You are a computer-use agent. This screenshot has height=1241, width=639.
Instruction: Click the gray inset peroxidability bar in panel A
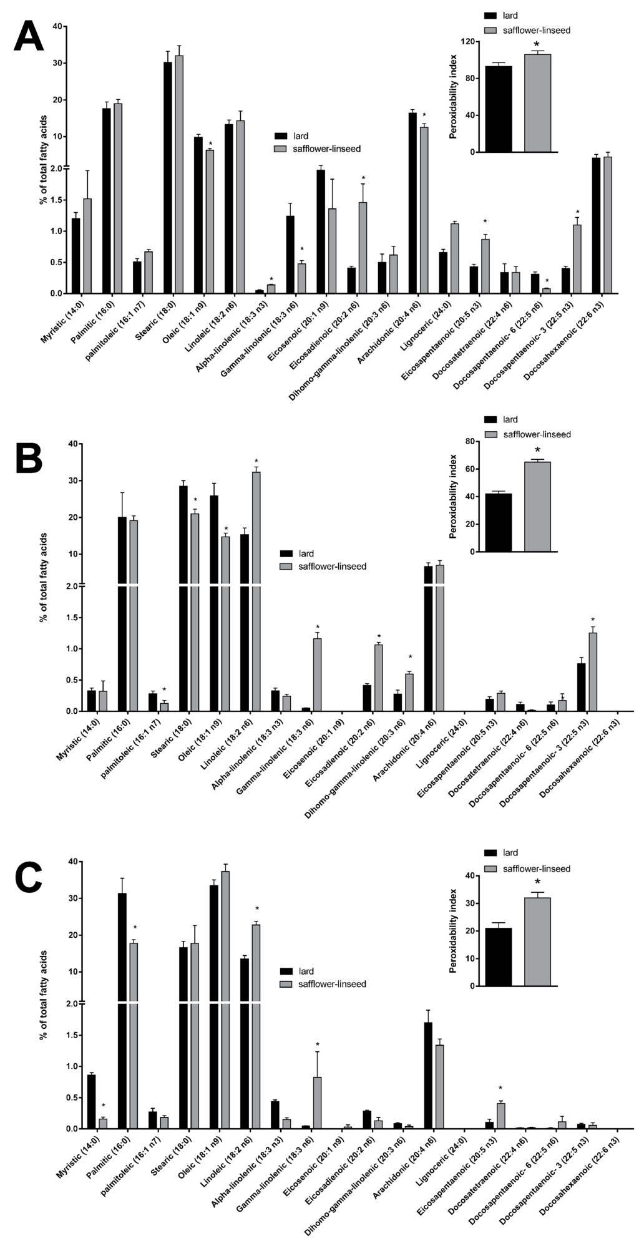(537, 103)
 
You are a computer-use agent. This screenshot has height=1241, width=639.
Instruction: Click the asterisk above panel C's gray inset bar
(537, 882)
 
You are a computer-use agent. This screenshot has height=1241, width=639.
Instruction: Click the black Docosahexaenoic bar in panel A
(596, 225)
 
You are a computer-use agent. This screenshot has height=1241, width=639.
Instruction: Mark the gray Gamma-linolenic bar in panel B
(317, 674)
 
